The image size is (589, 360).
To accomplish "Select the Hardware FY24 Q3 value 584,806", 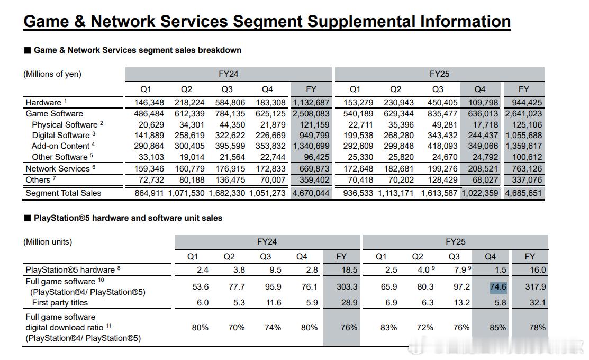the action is coord(230,103).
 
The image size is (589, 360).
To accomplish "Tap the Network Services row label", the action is coord(58,169).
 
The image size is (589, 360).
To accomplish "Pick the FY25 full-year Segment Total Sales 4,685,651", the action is coord(523,193).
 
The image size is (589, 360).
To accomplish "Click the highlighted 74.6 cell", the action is coord(498,287).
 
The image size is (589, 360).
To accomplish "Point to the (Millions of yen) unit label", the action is coord(52,74).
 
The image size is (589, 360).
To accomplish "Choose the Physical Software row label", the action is coord(65,125).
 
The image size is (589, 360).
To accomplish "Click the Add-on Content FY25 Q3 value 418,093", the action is coord(442,146).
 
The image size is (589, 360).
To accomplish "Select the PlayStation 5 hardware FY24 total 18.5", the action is coord(349,270).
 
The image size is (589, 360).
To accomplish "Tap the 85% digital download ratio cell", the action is coord(498,328).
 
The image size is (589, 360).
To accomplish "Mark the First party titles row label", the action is coord(60,303).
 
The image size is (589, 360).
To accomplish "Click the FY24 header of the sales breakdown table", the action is coord(229,74).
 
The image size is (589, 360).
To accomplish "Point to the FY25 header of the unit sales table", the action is coord(455,241).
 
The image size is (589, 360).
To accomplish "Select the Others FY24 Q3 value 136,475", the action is coord(230,180).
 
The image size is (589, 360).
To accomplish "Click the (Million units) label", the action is coord(48,241).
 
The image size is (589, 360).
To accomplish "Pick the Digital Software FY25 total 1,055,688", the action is coord(523,136).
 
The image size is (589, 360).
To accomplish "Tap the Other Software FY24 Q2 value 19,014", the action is coord(189,157).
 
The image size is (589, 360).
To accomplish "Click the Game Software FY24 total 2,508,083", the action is coord(311,114).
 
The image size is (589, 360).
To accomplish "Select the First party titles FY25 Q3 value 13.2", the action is coord(461,303).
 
